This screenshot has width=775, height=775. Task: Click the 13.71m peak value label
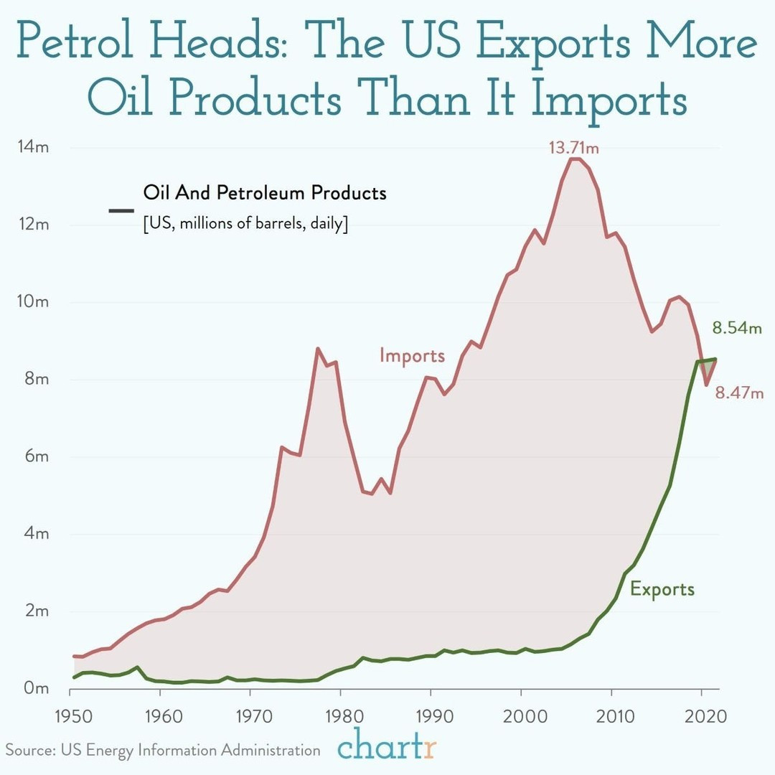(573, 149)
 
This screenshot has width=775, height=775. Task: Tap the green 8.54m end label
(736, 329)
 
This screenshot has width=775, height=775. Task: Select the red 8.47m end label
(738, 393)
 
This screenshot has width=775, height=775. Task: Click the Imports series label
(412, 355)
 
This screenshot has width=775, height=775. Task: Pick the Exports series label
(662, 589)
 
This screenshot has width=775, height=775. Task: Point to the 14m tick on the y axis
(32, 147)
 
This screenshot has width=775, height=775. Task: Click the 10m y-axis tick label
(32, 301)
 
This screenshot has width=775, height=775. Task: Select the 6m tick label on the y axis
(34, 456)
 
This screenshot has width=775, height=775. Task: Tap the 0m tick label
(34, 688)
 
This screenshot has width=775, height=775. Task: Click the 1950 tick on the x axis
(70, 715)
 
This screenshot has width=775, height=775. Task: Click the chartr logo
(386, 746)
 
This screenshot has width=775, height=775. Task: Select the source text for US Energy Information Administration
(163, 750)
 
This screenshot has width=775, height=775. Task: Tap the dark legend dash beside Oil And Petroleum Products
(121, 210)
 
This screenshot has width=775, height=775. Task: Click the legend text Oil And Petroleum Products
(265, 193)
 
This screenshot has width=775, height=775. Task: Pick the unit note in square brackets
(245, 223)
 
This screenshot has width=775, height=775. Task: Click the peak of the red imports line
(573, 159)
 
